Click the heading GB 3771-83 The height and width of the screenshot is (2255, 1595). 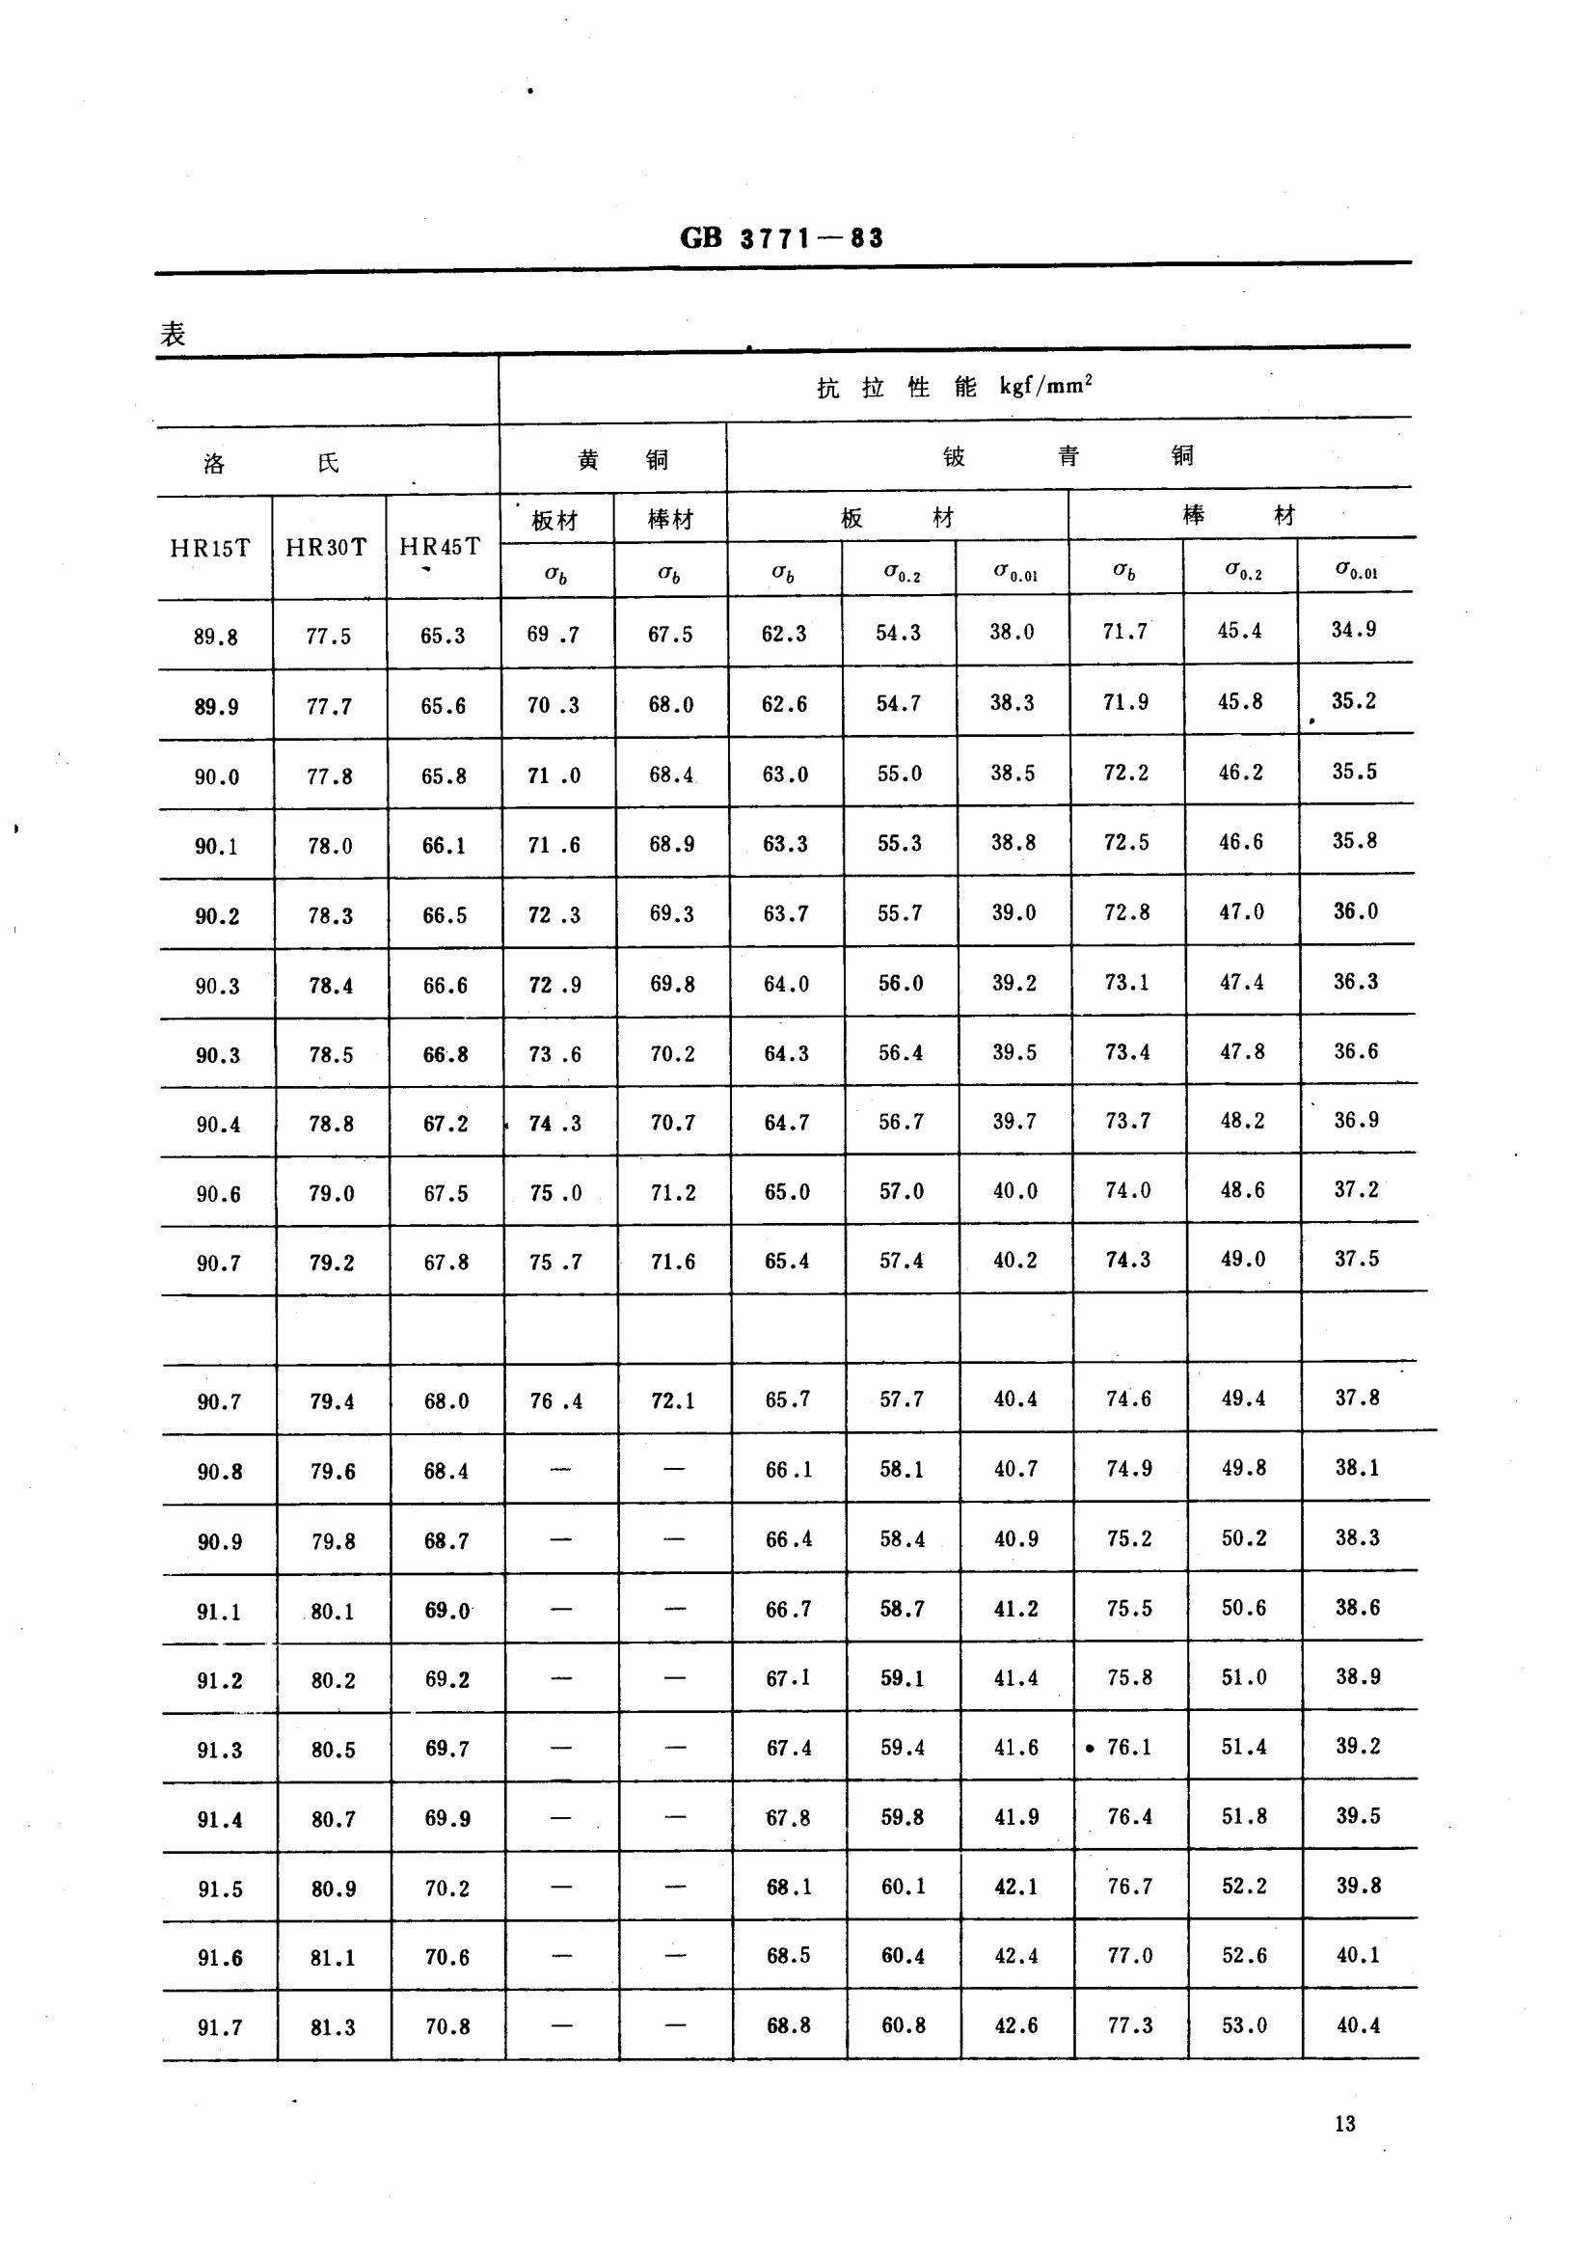[x=782, y=238]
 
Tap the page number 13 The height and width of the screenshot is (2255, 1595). [x=1344, y=2124]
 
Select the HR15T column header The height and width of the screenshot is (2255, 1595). [x=210, y=548]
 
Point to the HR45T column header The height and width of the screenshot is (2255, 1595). [x=440, y=547]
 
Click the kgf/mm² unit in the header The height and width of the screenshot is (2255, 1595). [x=1046, y=386]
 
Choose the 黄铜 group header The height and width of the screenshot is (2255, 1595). [x=622, y=460]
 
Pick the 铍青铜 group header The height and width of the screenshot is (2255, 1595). [x=1068, y=455]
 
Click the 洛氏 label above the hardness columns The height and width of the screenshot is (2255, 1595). [x=271, y=463]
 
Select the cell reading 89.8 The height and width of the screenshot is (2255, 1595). [x=215, y=637]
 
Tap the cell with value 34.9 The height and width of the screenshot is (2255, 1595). [x=1353, y=630]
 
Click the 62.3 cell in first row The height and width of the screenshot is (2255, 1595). [x=784, y=634]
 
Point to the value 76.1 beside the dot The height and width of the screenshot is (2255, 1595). [x=1128, y=1748]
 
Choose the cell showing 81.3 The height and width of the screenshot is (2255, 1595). [x=333, y=2027]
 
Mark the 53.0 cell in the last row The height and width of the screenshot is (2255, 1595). [x=1244, y=2025]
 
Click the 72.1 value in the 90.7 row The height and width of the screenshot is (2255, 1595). [x=673, y=1400]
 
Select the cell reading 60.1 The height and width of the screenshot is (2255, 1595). [x=903, y=1887]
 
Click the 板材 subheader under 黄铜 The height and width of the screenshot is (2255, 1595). [x=554, y=521]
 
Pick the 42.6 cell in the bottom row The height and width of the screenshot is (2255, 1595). [x=1015, y=2025]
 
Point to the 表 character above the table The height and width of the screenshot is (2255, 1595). [x=173, y=334]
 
